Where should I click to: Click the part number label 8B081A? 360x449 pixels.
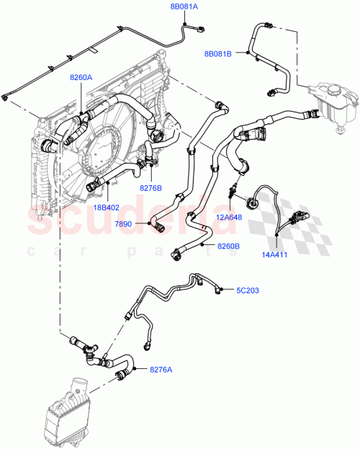[x=183, y=6]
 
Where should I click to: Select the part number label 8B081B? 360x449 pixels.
[x=219, y=53]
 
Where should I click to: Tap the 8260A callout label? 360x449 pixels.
[x=81, y=77]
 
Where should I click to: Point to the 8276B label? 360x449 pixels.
[x=151, y=188]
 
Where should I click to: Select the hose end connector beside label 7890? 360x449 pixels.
[x=156, y=227]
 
